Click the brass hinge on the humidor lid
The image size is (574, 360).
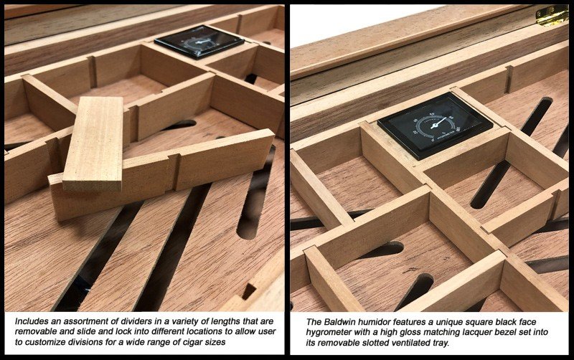click(x=552, y=16)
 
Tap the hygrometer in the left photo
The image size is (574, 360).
click(x=199, y=42)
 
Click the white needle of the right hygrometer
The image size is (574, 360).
click(x=438, y=123)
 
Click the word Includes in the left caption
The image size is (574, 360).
click(x=31, y=321)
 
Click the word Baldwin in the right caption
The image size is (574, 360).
click(x=338, y=322)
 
